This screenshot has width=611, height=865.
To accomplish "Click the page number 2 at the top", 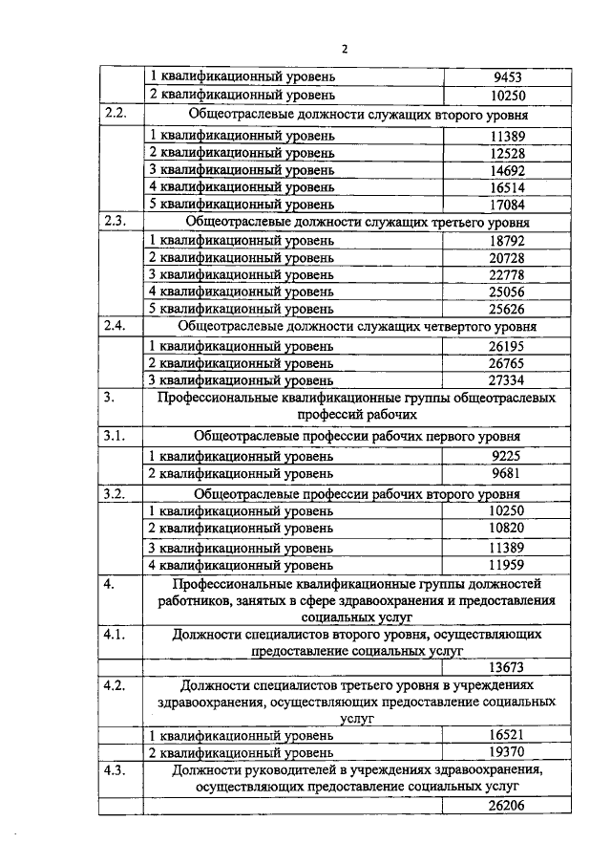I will point(345,51).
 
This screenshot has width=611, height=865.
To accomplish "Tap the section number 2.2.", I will point(115,114).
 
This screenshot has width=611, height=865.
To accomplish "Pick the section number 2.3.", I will point(115,222).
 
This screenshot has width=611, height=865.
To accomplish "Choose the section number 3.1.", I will point(115,436).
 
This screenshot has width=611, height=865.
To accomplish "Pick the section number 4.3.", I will point(115,770).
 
